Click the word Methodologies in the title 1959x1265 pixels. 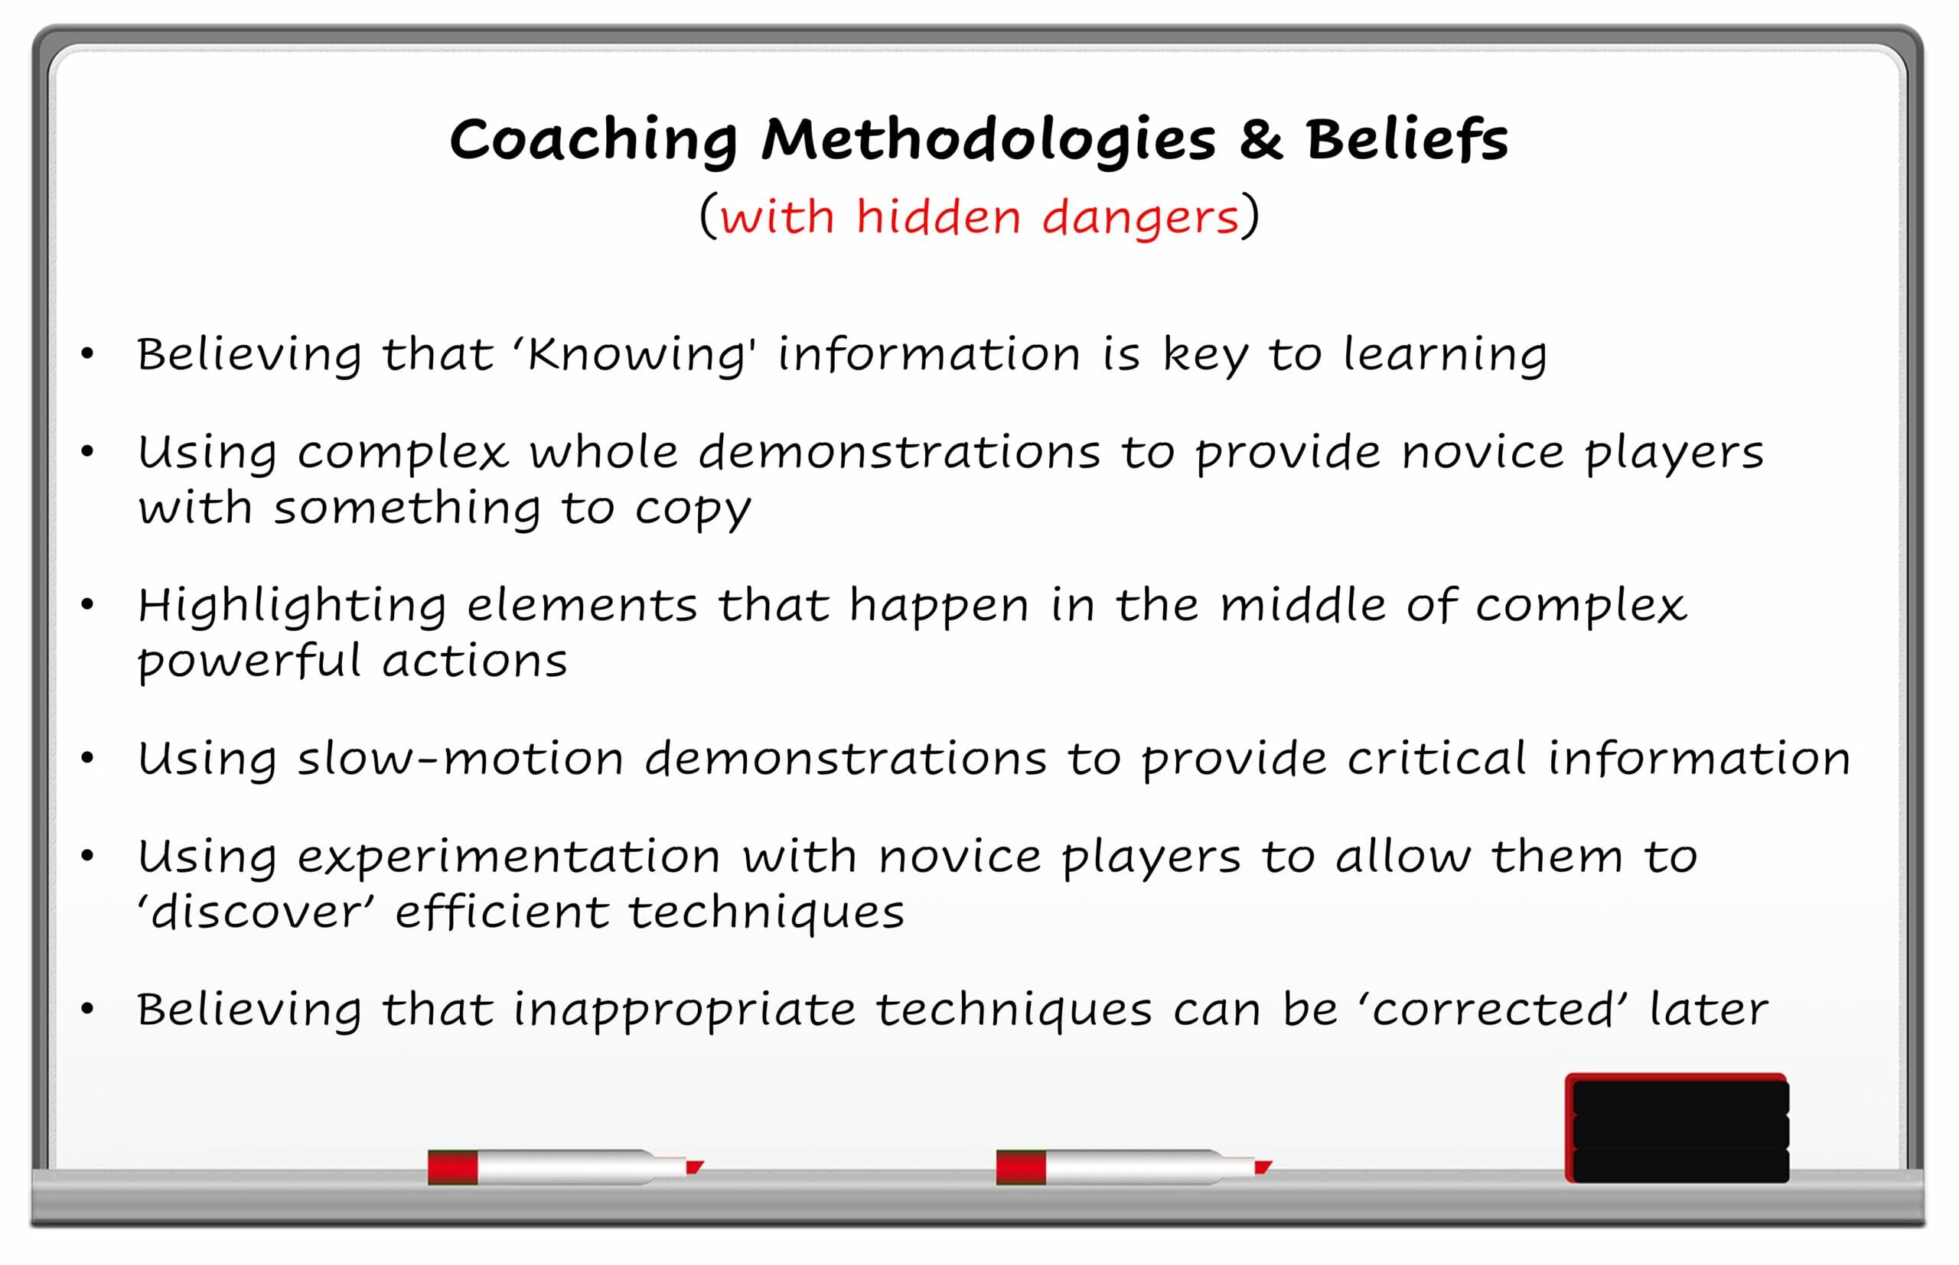click(988, 141)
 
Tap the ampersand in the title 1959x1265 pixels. click(1260, 138)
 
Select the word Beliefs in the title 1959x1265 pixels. click(1407, 137)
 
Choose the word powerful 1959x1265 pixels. click(249, 662)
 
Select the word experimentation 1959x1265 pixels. click(509, 859)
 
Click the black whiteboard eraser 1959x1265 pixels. click(1677, 1128)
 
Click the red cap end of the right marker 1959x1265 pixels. click(1021, 1167)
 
